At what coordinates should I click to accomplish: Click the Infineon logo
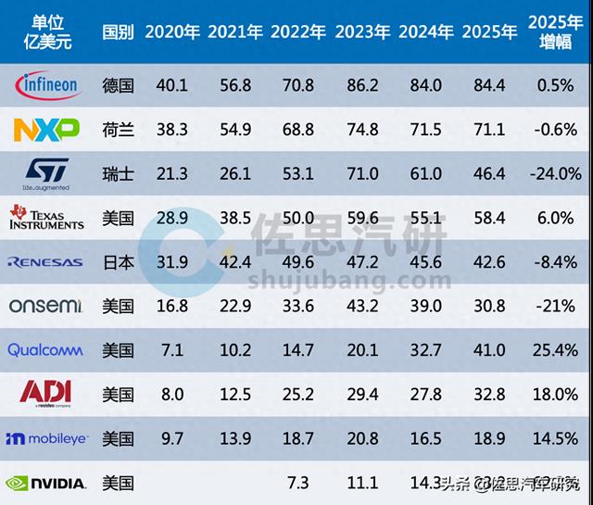[x=47, y=86]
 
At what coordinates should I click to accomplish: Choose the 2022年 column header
[x=298, y=32]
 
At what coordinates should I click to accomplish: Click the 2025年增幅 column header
[x=555, y=32]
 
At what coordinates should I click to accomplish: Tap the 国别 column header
[x=119, y=32]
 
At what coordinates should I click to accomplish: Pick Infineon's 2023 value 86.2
[x=361, y=86]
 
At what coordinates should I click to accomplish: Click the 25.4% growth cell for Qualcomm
[x=555, y=350]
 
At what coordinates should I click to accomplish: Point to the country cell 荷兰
[x=119, y=130]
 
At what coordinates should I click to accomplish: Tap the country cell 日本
[x=119, y=262]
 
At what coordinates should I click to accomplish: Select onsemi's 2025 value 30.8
[x=489, y=306]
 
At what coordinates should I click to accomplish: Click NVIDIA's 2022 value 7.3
[x=298, y=483]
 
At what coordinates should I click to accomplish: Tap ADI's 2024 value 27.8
[x=425, y=394]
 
